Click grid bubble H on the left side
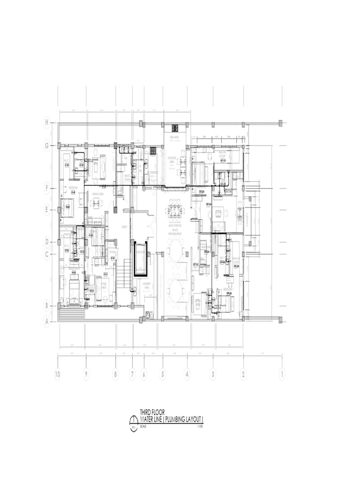tap(46, 123)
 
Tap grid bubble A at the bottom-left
tap(46, 322)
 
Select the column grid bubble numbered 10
tap(58, 375)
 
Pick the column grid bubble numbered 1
tap(282, 375)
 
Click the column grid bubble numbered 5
tap(163, 375)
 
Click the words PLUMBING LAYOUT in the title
tap(182, 419)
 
